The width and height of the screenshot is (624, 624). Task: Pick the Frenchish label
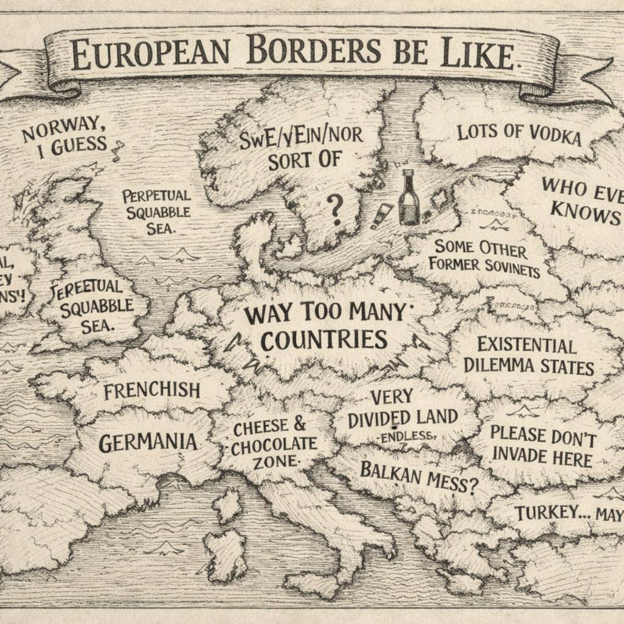[x=152, y=390]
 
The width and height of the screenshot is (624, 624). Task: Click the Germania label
[x=147, y=441]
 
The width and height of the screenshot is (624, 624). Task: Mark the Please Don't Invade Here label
[x=542, y=445]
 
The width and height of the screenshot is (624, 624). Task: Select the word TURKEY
[x=545, y=512]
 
